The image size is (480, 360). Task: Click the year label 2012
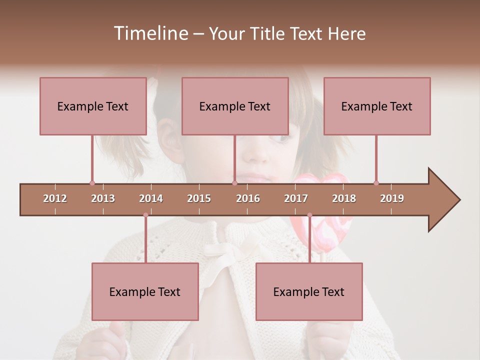55,198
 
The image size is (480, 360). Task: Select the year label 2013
103,198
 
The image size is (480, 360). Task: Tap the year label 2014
151,198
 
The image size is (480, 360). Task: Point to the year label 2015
199,198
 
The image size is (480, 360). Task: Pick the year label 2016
248,198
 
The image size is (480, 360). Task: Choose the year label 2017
296,198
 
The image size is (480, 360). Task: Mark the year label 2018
344,198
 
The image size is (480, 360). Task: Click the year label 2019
392,198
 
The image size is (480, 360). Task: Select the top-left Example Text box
93,106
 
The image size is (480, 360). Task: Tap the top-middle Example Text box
235,106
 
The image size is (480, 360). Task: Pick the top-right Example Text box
377,106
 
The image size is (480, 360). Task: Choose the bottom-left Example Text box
145,291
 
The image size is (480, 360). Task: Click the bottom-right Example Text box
309,291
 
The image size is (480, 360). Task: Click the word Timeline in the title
150,33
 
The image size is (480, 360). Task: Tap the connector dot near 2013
92,183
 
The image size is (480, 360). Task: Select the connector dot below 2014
145,215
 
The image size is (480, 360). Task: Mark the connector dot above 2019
376,183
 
